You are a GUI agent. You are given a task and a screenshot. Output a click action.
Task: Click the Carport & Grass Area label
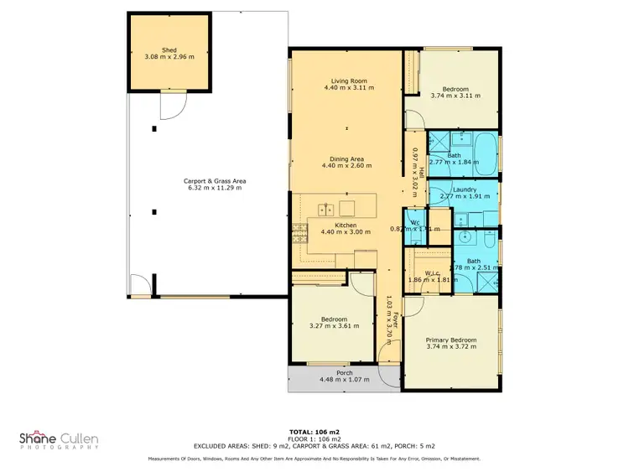pyautogui.click(x=214, y=181)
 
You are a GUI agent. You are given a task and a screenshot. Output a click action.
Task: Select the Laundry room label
pyautogui.click(x=464, y=189)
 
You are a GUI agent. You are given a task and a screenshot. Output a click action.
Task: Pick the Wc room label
pyautogui.click(x=414, y=221)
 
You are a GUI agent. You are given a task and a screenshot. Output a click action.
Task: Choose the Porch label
pyautogui.click(x=344, y=372)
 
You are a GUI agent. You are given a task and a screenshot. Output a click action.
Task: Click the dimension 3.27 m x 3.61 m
pyautogui.click(x=332, y=325)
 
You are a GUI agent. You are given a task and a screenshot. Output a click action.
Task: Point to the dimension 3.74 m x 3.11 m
pyautogui.click(x=455, y=96)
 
